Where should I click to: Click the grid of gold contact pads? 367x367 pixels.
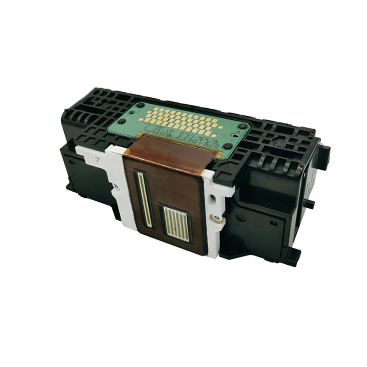pos(183,121)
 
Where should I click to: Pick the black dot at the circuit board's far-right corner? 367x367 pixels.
pos(242,126)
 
